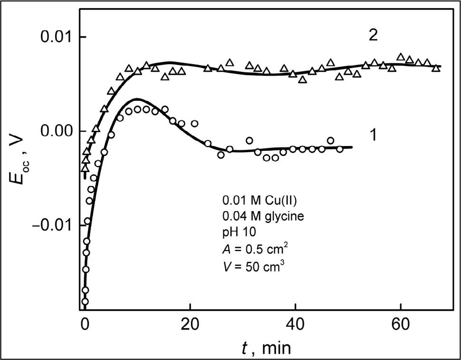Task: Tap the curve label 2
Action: coord(374,37)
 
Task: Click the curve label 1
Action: coord(374,135)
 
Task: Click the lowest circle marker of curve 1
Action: coord(85,301)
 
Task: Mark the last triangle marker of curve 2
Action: coord(436,68)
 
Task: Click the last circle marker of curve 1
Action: coord(339,149)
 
